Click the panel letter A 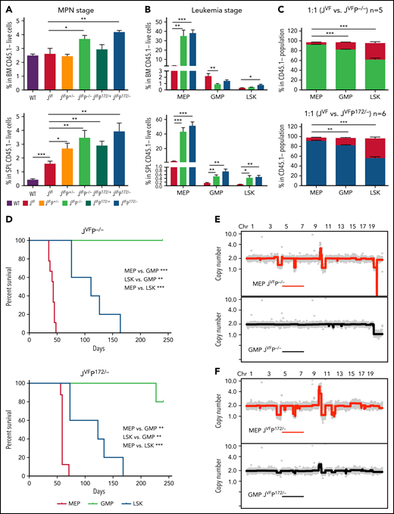point(6,7)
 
